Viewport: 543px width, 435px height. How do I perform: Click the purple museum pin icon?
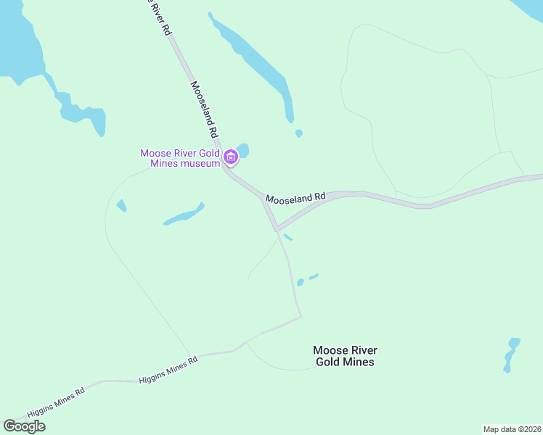coord(231,157)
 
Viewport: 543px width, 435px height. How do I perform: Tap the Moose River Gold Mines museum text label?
coord(180,158)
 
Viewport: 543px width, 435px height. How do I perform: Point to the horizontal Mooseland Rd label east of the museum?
coord(295,197)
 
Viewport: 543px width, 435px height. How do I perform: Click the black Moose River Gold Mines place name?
coord(344,356)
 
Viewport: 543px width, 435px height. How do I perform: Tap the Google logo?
coord(24,426)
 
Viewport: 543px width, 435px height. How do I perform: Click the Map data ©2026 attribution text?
coord(512,428)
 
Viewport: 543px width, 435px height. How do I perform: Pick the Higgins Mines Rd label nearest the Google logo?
coord(56,402)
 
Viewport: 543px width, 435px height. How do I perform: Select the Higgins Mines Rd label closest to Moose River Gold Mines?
coord(168,370)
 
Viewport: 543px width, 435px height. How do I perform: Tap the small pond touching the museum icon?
coord(243,149)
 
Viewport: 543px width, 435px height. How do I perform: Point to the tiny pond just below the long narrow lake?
coord(299,133)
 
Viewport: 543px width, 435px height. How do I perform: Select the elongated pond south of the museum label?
coord(184,215)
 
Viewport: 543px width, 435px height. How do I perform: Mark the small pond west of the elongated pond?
coord(121,206)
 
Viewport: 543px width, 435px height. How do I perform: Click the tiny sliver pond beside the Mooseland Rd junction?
coord(288,237)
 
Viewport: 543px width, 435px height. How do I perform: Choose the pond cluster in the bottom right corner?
coord(512,353)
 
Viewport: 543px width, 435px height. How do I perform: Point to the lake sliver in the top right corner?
coord(529,7)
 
